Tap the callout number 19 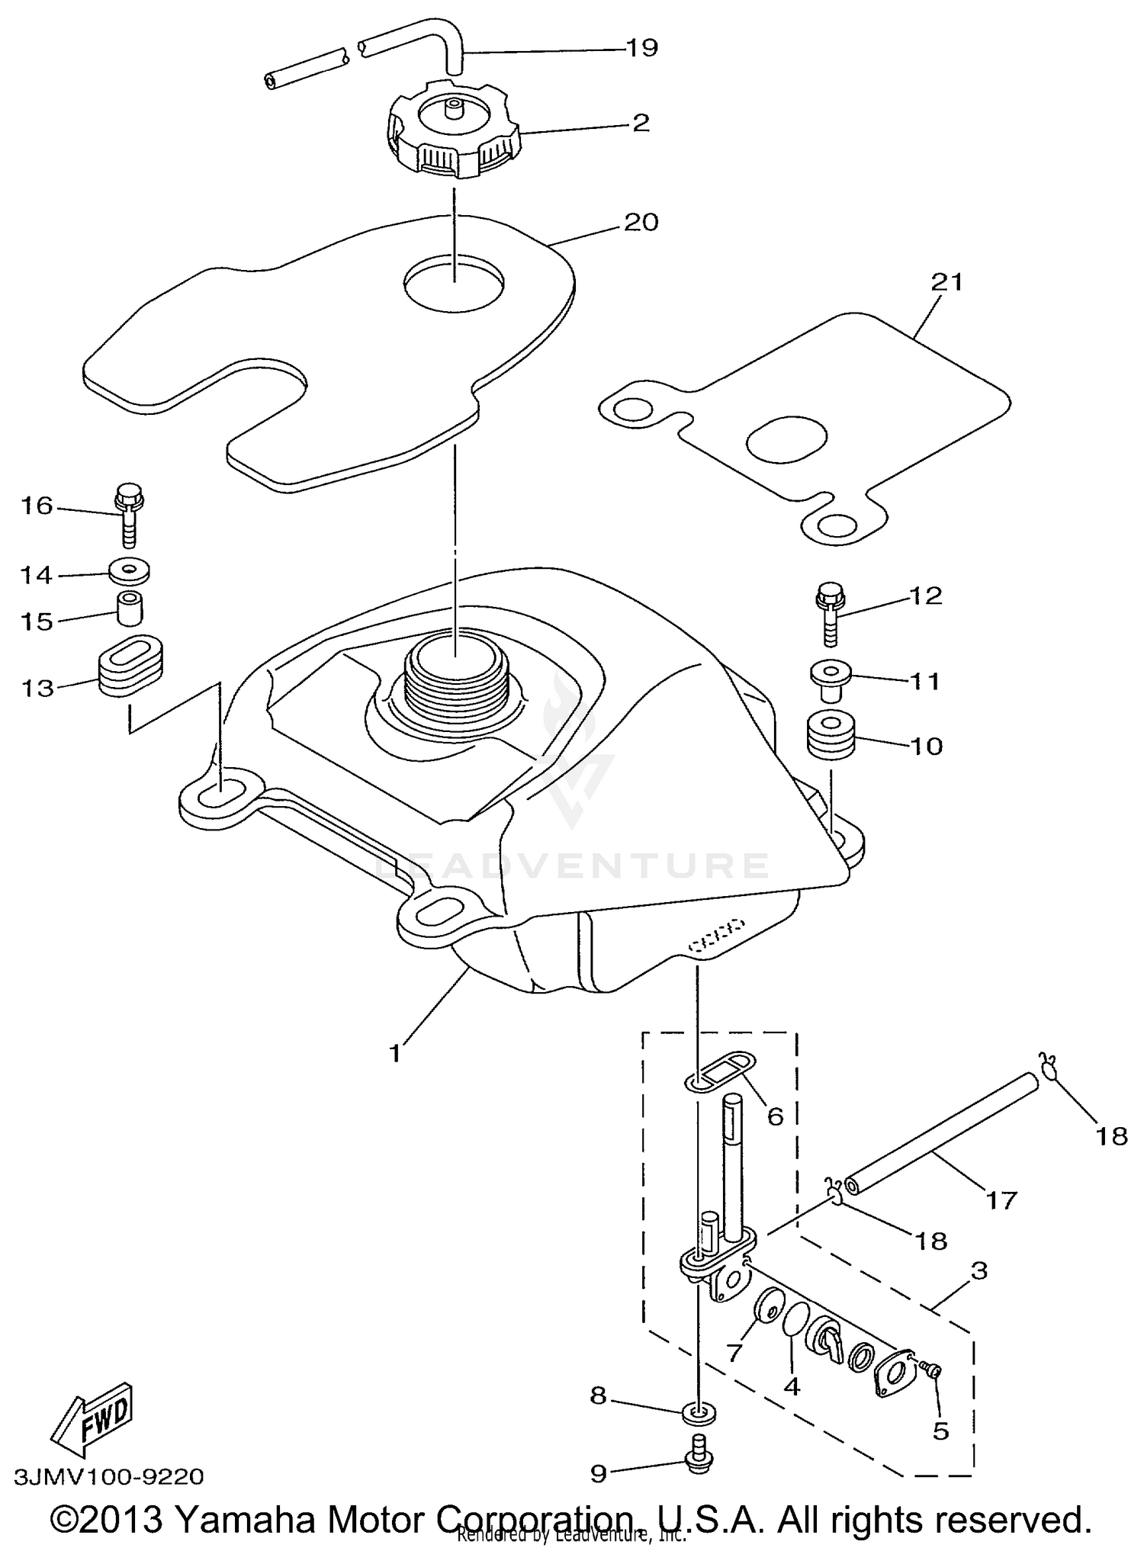point(641,48)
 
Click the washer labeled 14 point(129,570)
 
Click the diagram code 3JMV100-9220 point(108,1477)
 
